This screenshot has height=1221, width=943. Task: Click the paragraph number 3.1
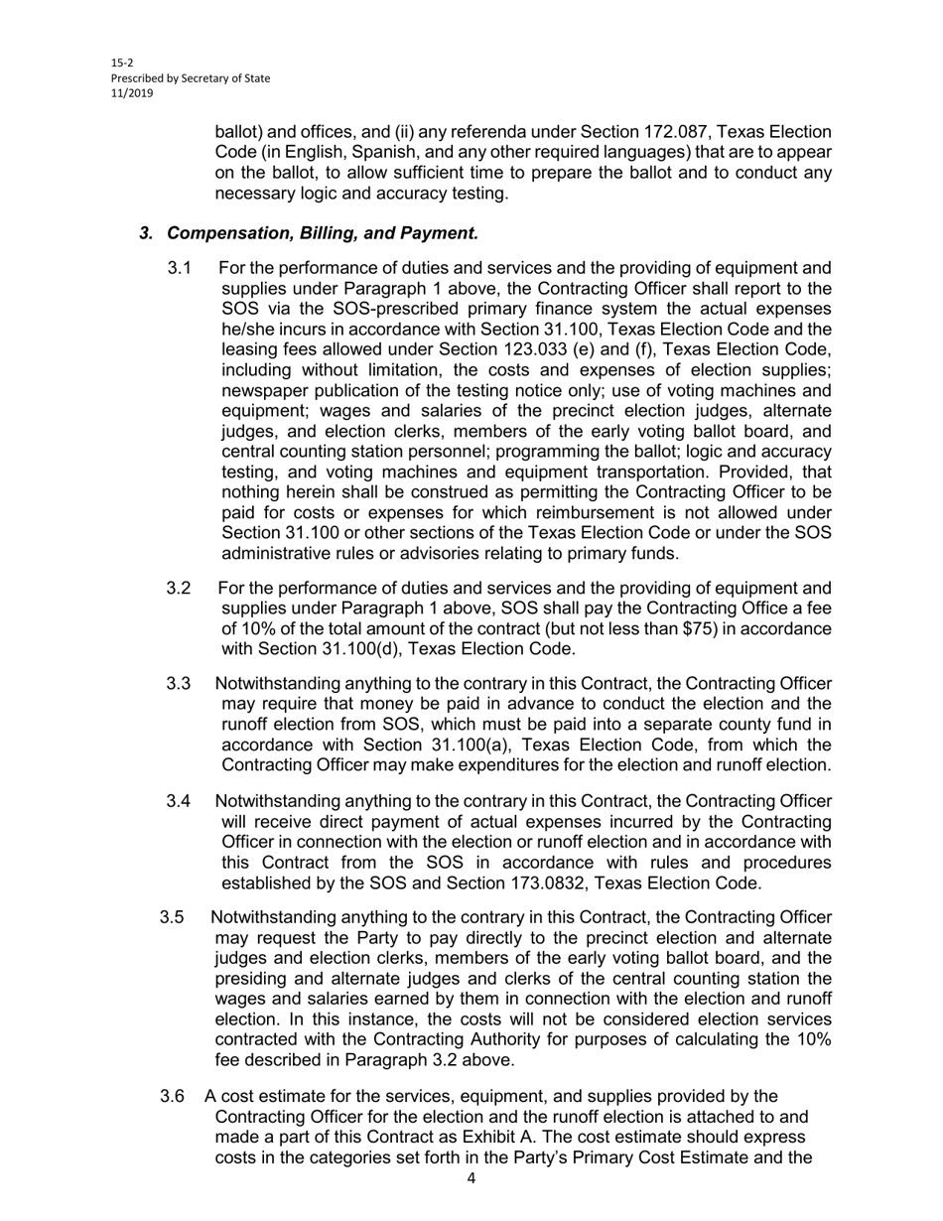point(179,268)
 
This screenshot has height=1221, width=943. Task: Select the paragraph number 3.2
point(179,588)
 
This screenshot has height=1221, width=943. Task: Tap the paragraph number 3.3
point(179,684)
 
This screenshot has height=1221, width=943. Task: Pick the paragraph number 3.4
point(179,801)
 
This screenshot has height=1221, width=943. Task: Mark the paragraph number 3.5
point(172,917)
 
